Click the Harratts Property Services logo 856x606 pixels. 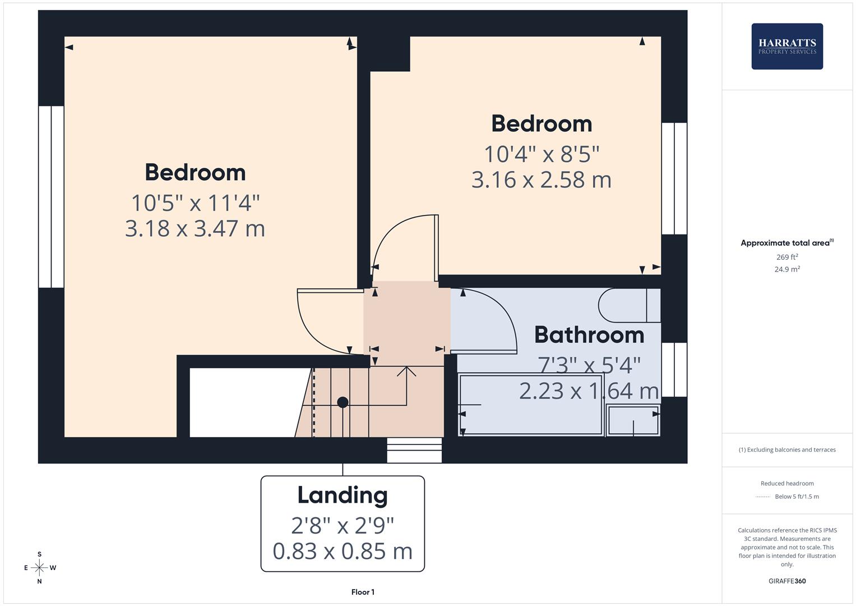point(786,47)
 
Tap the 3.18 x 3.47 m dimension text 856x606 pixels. point(195,228)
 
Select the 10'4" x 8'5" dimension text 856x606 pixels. point(541,154)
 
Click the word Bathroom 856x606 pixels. point(589,335)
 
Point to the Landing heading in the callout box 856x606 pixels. point(342,495)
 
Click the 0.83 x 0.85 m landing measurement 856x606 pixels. point(342,551)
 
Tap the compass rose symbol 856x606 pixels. point(39,568)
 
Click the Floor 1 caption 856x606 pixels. point(363,592)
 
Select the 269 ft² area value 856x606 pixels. point(787,257)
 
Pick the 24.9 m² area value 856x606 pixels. point(787,269)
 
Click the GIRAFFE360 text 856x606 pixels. point(787,581)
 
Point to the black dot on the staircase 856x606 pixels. point(343,402)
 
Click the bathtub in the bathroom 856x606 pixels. point(530,404)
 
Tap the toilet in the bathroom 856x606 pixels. point(628,306)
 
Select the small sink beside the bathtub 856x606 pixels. point(633,420)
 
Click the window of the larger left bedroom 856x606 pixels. point(51,196)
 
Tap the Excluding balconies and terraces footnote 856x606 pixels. point(787,449)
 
